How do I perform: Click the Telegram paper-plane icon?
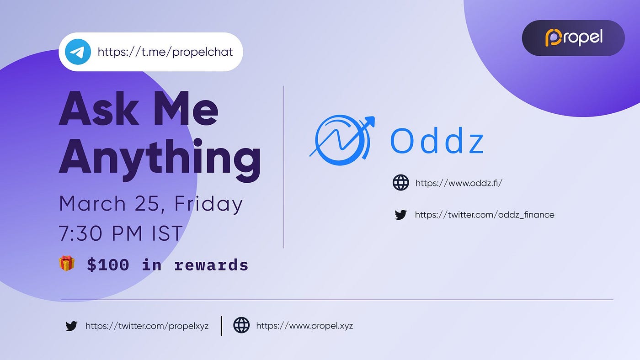(x=78, y=52)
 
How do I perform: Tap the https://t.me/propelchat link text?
(x=165, y=52)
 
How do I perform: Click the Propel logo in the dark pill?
(x=574, y=37)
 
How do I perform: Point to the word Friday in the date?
(x=208, y=204)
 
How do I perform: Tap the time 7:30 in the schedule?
(x=80, y=233)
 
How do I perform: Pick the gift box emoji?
(x=67, y=263)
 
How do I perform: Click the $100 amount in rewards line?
(x=108, y=265)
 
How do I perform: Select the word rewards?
(x=211, y=265)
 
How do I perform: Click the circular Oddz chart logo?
(x=342, y=140)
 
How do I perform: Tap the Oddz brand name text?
(x=437, y=140)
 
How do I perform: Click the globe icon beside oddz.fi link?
(x=400, y=182)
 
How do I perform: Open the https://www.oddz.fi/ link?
(x=459, y=183)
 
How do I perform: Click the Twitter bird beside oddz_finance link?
(x=400, y=215)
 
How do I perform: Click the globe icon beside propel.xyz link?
(x=241, y=325)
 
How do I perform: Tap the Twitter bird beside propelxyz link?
(x=71, y=326)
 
